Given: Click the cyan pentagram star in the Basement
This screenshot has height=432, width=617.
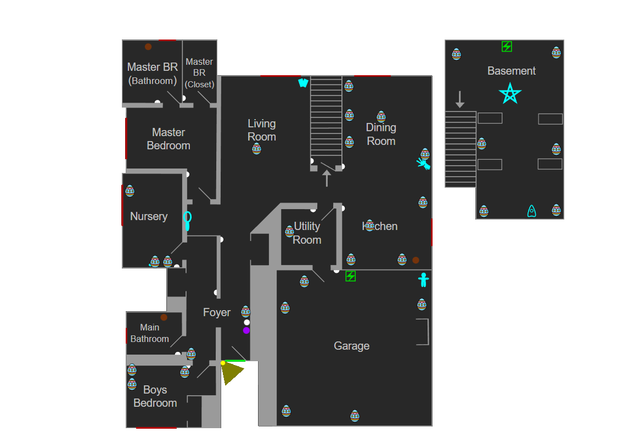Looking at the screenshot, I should [x=510, y=94].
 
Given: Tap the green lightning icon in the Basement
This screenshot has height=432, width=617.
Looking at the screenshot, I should [x=507, y=47].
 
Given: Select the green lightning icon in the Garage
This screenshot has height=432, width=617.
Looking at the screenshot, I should [x=350, y=276].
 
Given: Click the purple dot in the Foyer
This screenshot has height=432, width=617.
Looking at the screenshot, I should [x=246, y=330].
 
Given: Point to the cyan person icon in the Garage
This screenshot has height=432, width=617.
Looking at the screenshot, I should [x=423, y=280].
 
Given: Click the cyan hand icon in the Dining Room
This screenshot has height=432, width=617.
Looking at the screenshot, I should [x=423, y=164].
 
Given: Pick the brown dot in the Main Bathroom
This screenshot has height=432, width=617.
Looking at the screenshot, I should [x=164, y=317].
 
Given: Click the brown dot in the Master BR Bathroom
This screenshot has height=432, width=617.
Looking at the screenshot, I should [x=148, y=47].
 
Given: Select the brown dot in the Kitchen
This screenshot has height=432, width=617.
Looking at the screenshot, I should [x=416, y=260].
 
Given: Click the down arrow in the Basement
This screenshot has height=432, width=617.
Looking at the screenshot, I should [x=460, y=99].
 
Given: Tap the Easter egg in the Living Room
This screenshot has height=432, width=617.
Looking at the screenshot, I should [x=256, y=148].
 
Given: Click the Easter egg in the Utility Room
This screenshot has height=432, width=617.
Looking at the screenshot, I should [x=290, y=231].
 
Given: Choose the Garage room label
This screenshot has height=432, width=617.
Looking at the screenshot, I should [x=351, y=346].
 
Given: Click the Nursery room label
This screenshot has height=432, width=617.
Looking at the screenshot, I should [x=149, y=216].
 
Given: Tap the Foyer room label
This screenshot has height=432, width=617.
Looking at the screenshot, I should [x=217, y=312].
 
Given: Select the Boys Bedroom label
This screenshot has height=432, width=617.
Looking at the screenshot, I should [x=155, y=396].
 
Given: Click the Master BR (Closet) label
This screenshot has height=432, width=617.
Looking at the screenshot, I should [x=199, y=72].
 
